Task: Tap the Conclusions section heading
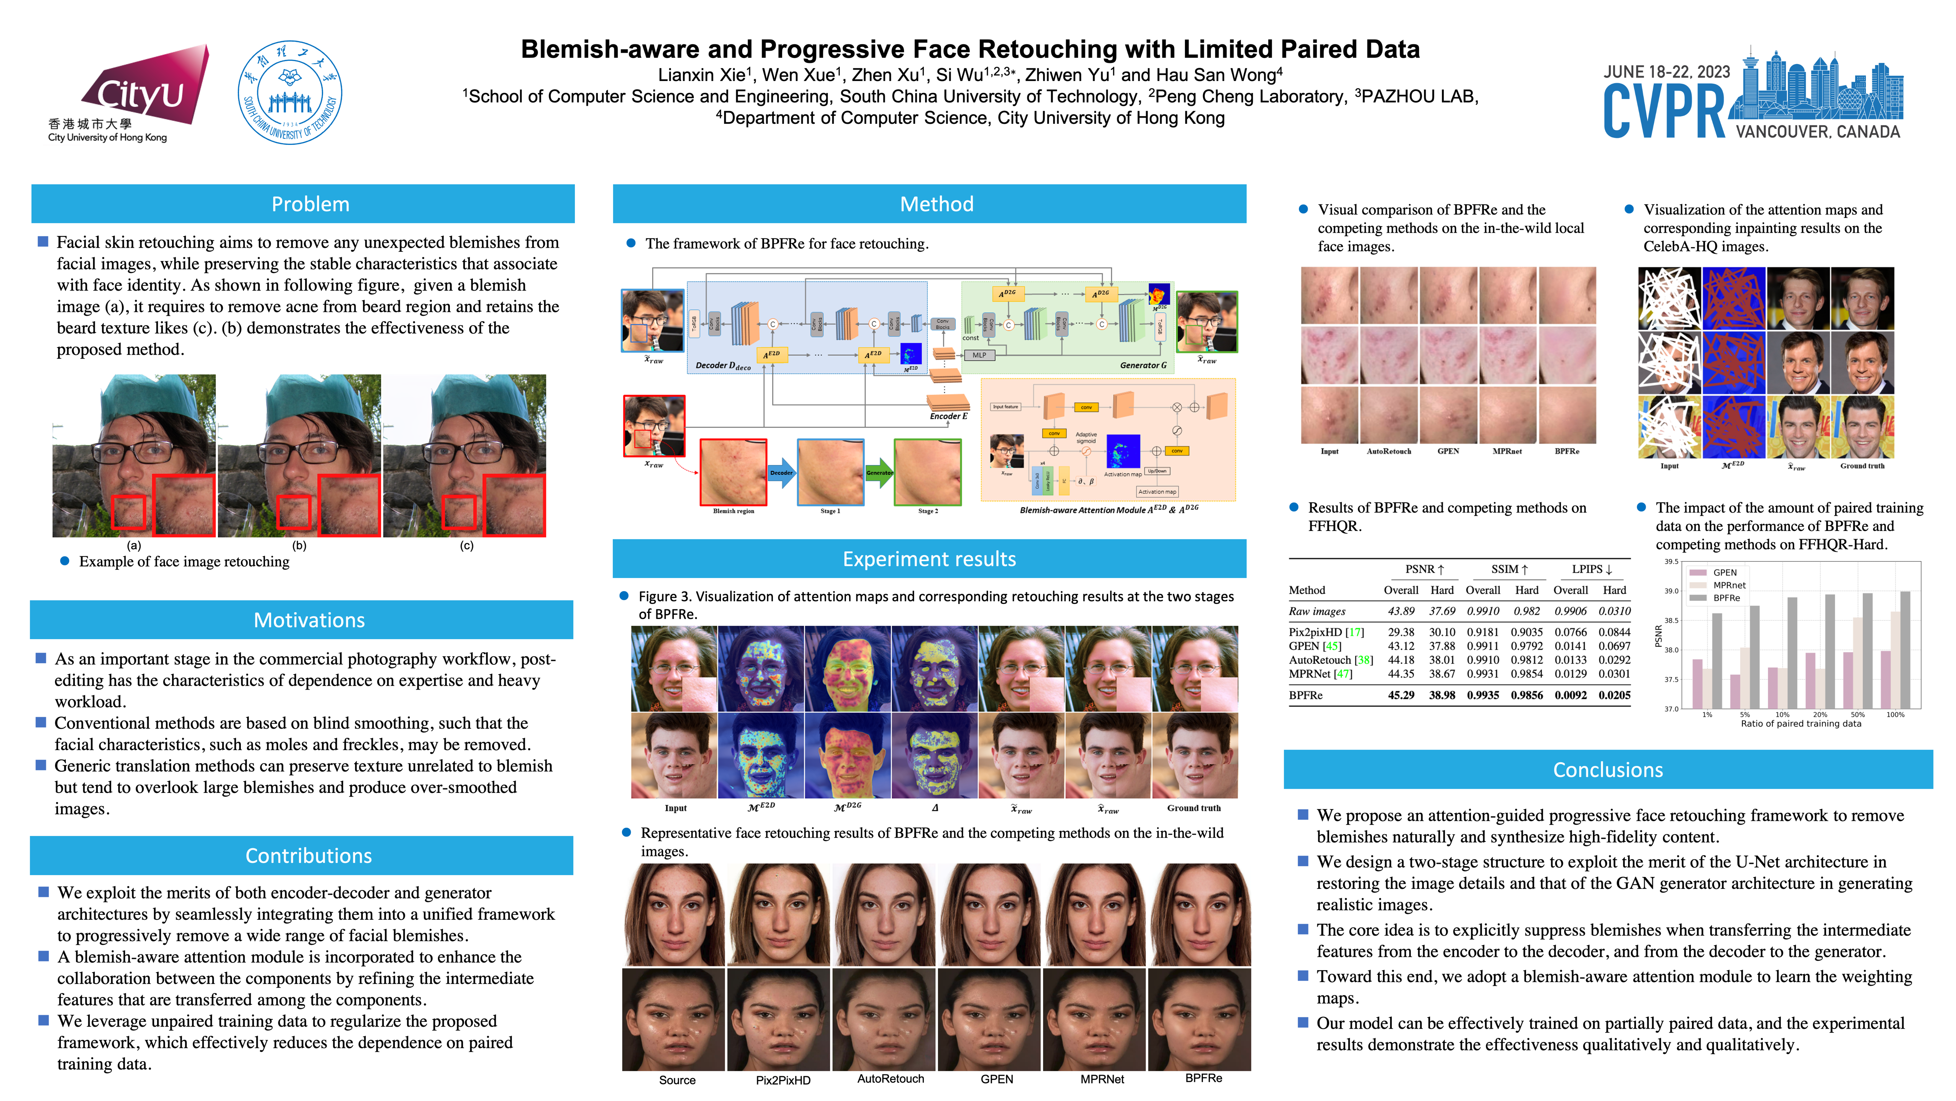tap(1607, 770)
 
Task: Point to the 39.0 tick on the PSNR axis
tap(1671, 591)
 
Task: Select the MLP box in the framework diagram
tap(979, 355)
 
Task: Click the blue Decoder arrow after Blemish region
tap(781, 472)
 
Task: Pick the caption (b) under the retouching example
tap(299, 545)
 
